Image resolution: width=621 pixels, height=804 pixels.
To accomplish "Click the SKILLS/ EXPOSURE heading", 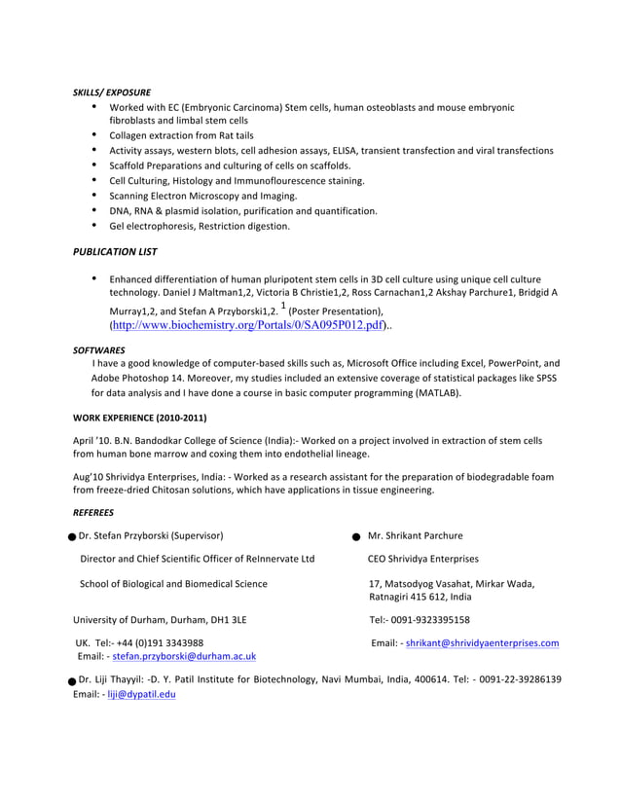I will point(112,92).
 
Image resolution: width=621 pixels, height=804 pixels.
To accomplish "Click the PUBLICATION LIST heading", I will point(115,251).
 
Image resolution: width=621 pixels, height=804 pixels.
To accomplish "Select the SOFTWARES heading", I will point(97,347).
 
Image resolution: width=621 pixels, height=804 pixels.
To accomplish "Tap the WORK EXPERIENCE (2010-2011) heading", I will point(140,419).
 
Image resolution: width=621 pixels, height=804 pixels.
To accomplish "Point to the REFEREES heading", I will point(93,512).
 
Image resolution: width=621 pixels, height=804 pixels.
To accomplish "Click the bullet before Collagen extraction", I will point(94,135).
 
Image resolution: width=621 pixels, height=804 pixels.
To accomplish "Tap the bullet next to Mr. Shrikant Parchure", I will point(357,536).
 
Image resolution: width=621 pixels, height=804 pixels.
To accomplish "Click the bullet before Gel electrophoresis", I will point(94,226).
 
